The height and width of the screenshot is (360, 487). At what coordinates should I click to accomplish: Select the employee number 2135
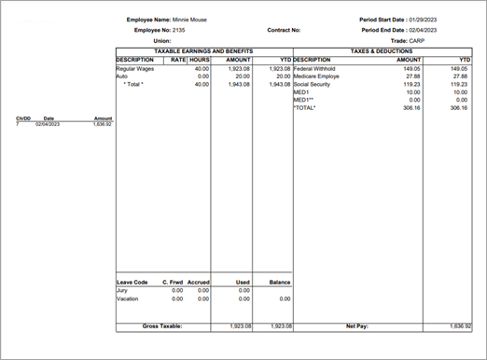point(180,30)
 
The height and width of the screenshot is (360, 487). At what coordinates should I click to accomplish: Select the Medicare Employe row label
point(316,76)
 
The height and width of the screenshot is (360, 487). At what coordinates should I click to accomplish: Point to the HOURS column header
point(199,60)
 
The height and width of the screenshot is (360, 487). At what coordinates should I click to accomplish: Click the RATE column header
point(177,60)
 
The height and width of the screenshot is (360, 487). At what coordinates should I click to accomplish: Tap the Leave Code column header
point(132,281)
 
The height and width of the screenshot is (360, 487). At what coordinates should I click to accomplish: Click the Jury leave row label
point(121,290)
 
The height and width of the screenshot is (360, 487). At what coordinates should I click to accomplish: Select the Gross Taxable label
point(161,326)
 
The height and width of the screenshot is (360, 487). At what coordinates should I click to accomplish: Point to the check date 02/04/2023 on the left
point(48,124)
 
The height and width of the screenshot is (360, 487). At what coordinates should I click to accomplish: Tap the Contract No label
point(284,30)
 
